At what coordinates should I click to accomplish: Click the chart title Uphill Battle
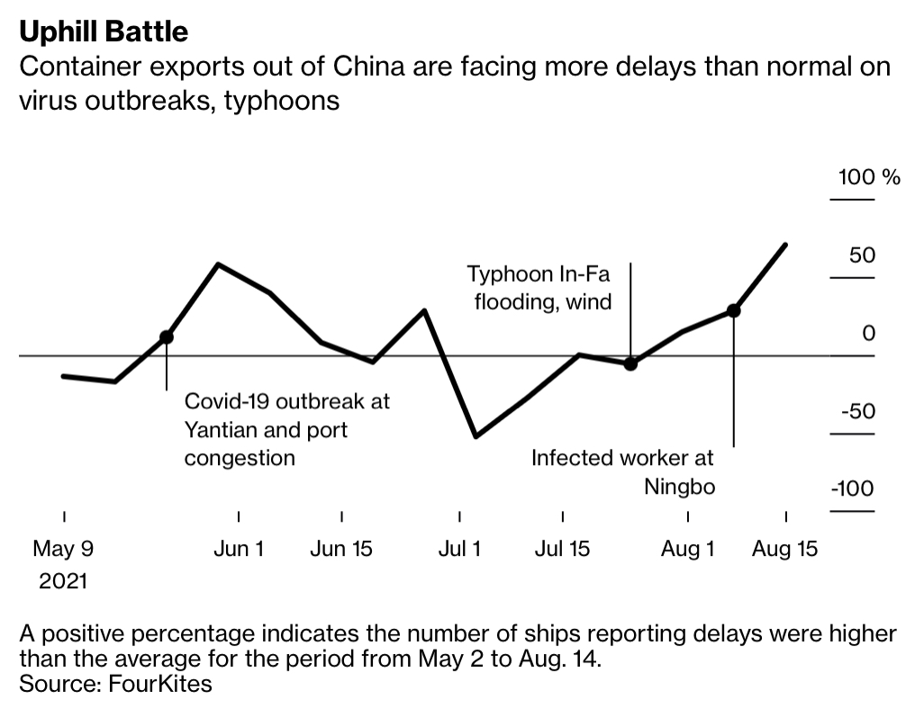click(x=104, y=31)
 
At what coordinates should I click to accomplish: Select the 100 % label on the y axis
click(x=869, y=176)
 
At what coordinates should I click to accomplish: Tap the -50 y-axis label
click(x=857, y=411)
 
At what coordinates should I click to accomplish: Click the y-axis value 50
click(x=863, y=255)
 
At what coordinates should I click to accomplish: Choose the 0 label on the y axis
click(x=868, y=334)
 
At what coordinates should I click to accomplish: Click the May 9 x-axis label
click(x=63, y=548)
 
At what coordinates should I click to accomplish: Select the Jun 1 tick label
click(x=239, y=548)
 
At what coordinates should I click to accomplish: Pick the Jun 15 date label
click(x=341, y=548)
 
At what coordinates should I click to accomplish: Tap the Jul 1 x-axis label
click(x=459, y=548)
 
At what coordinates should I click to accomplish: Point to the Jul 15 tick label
click(x=562, y=548)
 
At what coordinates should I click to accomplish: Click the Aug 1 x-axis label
click(x=687, y=548)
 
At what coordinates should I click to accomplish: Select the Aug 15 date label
click(x=785, y=548)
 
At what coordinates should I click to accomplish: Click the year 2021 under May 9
click(x=63, y=581)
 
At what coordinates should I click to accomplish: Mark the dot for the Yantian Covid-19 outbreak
click(x=166, y=336)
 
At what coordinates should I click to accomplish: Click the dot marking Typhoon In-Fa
click(x=630, y=363)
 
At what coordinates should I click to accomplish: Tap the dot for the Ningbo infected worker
click(x=733, y=310)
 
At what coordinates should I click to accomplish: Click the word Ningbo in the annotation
click(x=678, y=487)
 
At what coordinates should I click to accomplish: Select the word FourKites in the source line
click(x=160, y=683)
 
